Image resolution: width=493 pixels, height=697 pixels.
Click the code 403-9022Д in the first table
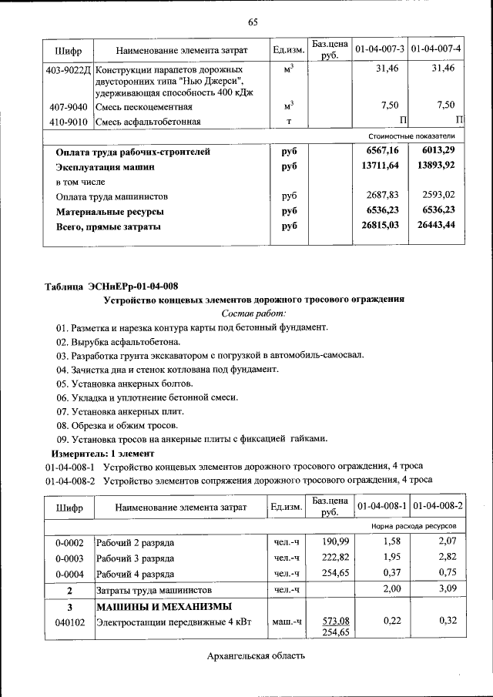[x=69, y=69]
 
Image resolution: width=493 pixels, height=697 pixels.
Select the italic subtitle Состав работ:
[x=253, y=313]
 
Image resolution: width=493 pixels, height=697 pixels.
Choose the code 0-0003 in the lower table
[x=69, y=558]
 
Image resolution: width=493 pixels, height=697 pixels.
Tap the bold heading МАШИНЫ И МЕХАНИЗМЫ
[x=163, y=606]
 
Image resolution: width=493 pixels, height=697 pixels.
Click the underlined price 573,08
[x=330, y=621]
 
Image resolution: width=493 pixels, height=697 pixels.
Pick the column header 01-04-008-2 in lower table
[x=437, y=507]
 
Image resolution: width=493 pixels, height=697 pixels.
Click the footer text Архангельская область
[x=256, y=656]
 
